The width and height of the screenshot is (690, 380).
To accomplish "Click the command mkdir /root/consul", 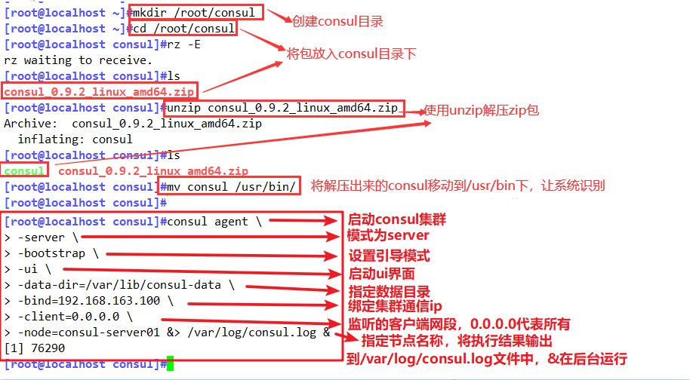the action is tap(196, 12).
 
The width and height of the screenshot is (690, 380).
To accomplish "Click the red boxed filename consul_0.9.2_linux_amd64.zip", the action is tap(98, 91).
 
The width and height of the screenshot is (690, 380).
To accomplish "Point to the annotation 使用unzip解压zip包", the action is tap(482, 109).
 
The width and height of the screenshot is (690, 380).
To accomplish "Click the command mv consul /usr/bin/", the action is tap(233, 186).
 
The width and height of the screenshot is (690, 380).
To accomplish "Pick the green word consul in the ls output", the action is tap(24, 171).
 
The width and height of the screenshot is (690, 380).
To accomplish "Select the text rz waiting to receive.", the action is tap(78, 60).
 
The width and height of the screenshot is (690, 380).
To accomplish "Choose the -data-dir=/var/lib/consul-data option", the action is tap(119, 285).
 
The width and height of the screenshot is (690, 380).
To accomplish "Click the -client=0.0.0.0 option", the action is tap(72, 317).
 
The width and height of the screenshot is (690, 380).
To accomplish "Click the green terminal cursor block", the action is tap(171, 364).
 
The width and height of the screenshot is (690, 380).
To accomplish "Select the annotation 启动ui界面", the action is tap(381, 274).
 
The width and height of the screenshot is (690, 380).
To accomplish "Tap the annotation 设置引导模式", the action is tap(389, 255).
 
